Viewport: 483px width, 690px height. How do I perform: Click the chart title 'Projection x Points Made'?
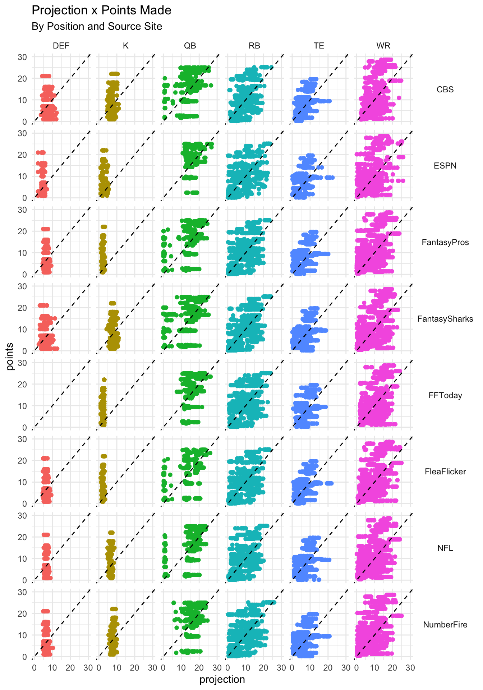coord(101,10)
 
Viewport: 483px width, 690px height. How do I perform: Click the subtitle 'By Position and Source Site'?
coord(97,27)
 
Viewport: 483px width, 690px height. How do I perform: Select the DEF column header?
coord(61,46)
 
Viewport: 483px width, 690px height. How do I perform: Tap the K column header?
coord(125,46)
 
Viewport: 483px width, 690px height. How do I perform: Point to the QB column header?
coord(190,46)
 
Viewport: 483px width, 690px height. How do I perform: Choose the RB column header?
coord(254,46)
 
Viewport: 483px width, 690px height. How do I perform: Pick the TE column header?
coord(319,46)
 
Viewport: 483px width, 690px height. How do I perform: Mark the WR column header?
coord(383,46)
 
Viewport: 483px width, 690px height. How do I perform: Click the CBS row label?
coord(445,89)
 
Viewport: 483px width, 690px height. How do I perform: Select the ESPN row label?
coord(445,166)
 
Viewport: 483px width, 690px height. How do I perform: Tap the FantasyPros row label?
coord(445,242)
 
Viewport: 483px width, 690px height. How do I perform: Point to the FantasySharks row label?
coord(445,319)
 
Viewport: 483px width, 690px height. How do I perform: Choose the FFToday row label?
coord(445,395)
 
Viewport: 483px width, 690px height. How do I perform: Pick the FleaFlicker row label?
coord(445,471)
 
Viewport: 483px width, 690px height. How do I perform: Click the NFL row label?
coord(445,548)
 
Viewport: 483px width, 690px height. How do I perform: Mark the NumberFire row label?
coord(445,625)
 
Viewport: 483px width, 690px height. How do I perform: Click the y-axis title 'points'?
coord(10,356)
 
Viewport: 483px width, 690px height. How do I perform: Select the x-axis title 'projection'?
coord(222,680)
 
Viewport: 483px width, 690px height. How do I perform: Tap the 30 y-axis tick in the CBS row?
coord(22,57)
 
